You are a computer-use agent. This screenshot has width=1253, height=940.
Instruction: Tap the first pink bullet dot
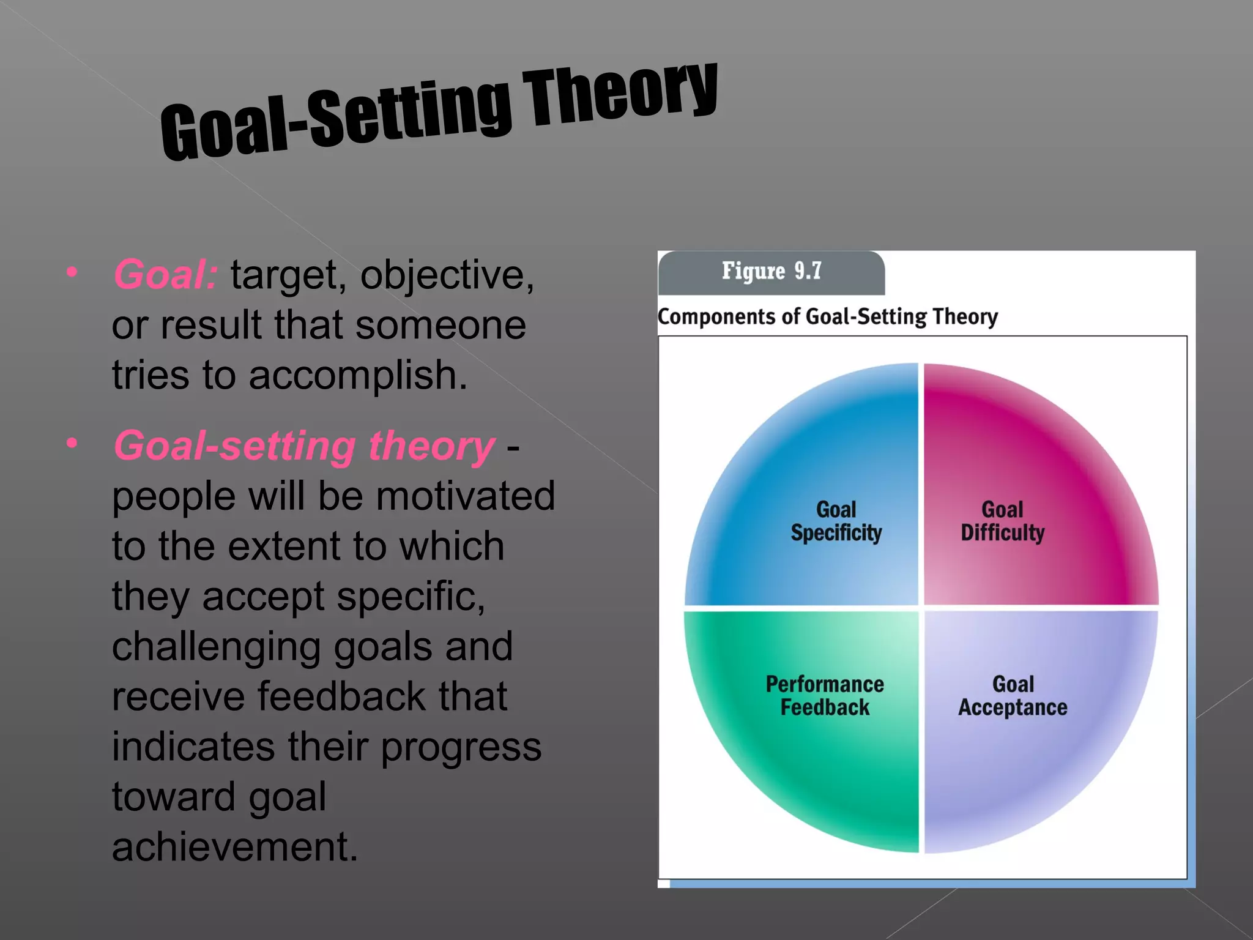[72, 272]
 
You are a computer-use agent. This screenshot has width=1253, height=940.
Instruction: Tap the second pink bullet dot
[72, 442]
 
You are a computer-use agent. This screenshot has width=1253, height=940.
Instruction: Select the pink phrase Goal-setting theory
[304, 446]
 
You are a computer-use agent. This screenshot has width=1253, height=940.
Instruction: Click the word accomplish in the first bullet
[357, 375]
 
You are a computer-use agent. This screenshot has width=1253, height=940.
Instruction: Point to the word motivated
[466, 496]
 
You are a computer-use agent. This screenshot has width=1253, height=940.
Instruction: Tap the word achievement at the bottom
[234, 847]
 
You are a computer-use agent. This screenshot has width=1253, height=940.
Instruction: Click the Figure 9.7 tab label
[771, 271]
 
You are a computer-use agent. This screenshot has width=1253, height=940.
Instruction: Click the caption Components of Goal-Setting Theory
[827, 317]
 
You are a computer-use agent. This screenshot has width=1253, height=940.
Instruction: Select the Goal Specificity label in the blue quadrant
[836, 521]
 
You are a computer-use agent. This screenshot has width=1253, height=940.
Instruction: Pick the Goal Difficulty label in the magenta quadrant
[1002, 521]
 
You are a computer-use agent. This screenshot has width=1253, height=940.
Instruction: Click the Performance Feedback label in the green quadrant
[824, 696]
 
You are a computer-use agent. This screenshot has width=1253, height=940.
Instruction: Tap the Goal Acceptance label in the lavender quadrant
[1013, 696]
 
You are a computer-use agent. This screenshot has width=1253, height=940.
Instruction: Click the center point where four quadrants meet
[921, 608]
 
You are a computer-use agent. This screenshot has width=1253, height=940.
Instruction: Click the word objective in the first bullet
[447, 275]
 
